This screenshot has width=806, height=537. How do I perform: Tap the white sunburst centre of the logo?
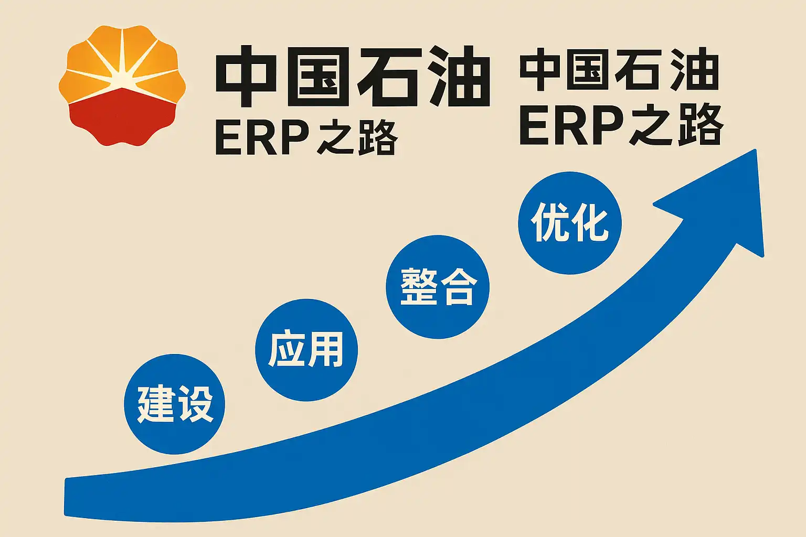tap(122, 79)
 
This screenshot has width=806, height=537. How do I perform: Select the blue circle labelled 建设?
tap(175, 404)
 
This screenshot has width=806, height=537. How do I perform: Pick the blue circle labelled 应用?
tap(306, 350)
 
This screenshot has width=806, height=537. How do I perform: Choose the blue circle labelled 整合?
tap(438, 287)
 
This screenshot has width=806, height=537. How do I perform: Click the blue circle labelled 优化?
tap(570, 223)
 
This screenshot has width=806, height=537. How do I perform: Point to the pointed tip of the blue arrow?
tap(756, 149)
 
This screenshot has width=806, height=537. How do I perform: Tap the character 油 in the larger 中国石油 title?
tap(460, 76)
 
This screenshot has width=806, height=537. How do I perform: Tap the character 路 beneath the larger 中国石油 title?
tap(378, 138)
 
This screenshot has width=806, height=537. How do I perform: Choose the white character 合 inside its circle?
tap(459, 287)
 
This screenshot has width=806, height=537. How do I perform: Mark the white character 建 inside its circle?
tap(155, 404)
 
